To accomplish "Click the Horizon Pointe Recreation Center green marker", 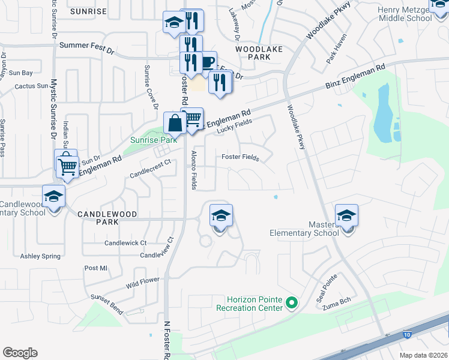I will tap(292, 302).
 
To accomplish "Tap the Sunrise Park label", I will tap(154, 140).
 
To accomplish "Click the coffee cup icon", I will tap(207, 62).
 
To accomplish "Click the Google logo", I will tap(20, 353).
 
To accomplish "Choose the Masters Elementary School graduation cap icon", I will tap(346, 216).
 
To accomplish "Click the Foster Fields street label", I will tap(240, 158).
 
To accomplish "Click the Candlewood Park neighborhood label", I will tap(107, 214).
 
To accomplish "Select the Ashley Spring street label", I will tap(40, 256).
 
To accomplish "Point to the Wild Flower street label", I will tap(142, 280).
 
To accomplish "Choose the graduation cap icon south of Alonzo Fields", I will tap(221, 216).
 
